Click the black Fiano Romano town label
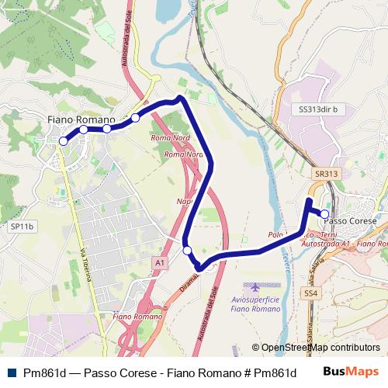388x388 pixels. [81, 120]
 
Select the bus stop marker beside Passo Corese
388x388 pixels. [324, 213]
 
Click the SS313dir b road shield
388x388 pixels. [317, 109]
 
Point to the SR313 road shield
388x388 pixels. [327, 174]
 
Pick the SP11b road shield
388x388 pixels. [22, 227]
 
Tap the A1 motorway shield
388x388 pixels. [159, 263]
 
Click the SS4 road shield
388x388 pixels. [310, 293]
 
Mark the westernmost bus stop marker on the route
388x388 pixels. [63, 141]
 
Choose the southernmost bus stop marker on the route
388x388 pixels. [187, 250]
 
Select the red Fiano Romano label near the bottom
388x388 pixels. [137, 317]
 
